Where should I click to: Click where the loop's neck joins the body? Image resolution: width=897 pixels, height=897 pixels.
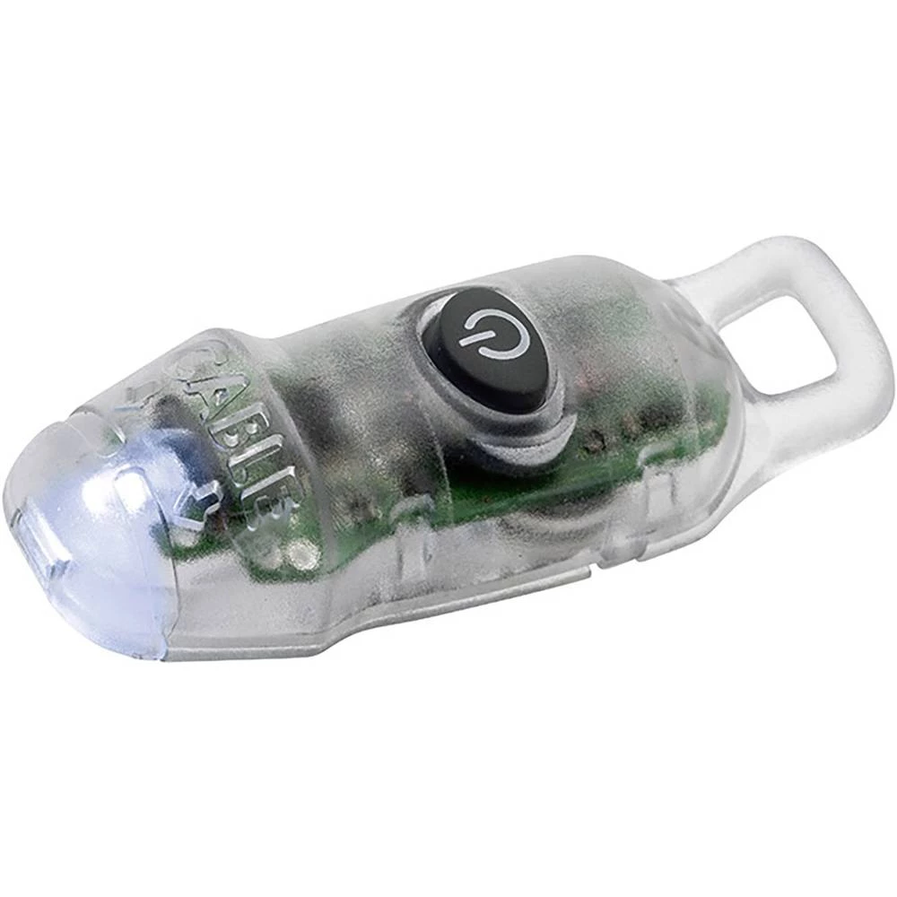709,296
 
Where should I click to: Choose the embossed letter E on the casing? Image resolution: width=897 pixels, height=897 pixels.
269,511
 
